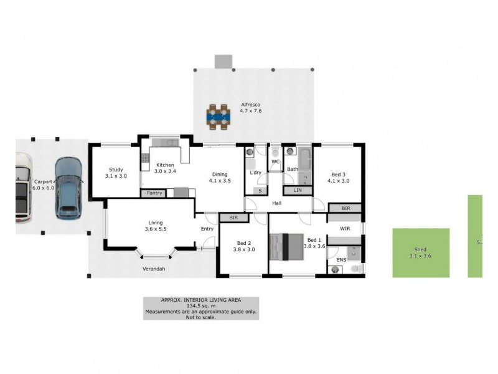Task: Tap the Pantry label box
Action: [x=155, y=193]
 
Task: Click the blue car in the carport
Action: [x=67, y=188]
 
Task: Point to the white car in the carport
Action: [x=22, y=189]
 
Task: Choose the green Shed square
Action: [x=421, y=252]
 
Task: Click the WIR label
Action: [x=345, y=229]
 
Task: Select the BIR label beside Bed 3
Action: [x=345, y=208]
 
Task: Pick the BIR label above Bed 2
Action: [x=233, y=218]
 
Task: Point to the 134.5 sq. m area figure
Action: [x=201, y=305]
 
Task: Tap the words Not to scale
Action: [x=201, y=317]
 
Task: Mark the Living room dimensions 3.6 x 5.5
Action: [x=156, y=229]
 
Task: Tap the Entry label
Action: [x=207, y=229]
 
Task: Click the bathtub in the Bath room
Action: [x=304, y=159]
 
